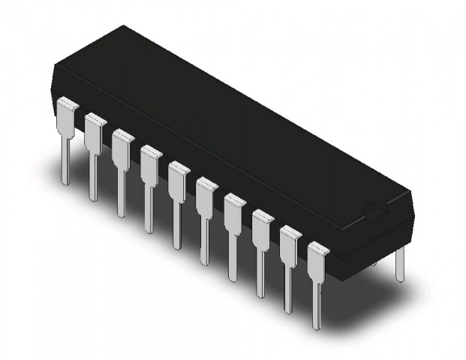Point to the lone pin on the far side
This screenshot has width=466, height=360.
point(400,262)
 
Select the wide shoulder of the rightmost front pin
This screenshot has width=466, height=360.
point(318,259)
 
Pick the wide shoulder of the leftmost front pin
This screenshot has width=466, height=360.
point(66,116)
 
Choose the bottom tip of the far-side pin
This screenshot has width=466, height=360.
point(400,280)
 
